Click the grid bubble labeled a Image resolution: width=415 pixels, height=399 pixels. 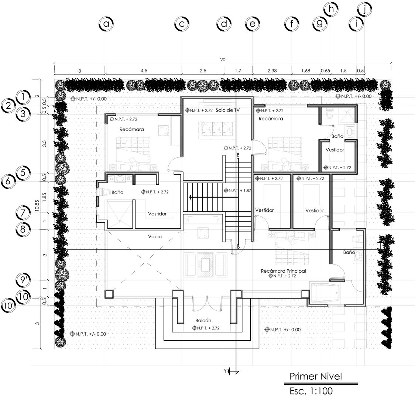[x=106, y=24]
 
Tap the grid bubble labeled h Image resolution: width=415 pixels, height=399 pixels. [x=331, y=10]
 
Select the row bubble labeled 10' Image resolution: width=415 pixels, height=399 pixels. [x=8, y=306]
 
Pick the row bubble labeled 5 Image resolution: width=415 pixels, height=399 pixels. [x=23, y=173]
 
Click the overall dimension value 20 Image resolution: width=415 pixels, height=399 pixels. [x=223, y=60]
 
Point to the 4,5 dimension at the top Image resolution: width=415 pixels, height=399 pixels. [x=144, y=71]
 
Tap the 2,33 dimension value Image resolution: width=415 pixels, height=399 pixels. [x=272, y=71]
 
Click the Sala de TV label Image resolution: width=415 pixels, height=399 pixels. [x=227, y=110]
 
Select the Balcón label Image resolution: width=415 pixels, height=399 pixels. [x=203, y=321]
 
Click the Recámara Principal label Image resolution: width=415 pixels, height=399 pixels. [x=284, y=271]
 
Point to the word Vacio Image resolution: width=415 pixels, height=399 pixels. [x=155, y=237]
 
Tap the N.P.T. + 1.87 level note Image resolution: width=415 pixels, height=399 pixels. [x=237, y=191]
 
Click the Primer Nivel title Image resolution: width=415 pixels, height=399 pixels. [x=316, y=376]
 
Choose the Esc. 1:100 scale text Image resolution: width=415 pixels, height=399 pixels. [x=311, y=391]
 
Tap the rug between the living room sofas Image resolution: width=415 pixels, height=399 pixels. [x=205, y=265]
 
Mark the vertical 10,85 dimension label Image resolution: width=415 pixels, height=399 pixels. [x=37, y=205]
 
